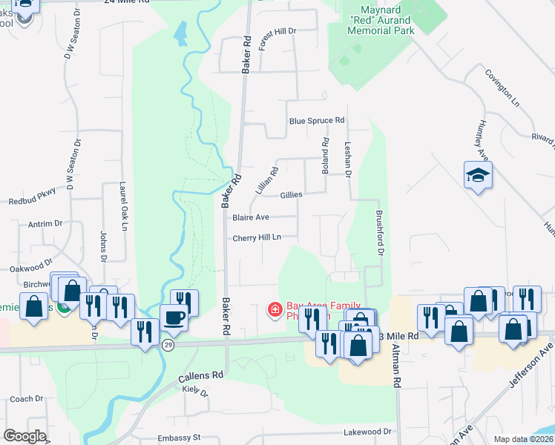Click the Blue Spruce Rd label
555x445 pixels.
317,120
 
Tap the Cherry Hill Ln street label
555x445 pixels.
257,238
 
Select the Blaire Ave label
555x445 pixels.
250,218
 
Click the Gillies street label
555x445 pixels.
292,195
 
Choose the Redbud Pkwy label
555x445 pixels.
33,201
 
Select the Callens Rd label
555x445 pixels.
201,376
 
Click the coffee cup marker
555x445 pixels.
174,318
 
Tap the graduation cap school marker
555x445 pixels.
479,176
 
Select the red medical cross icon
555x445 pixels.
275,308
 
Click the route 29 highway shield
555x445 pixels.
169,346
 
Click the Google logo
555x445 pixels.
24,436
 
